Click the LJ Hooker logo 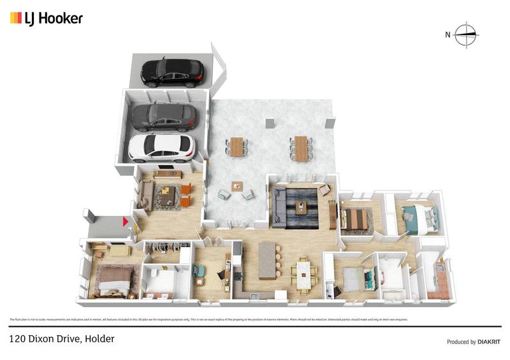click(46, 18)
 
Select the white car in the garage click(162, 147)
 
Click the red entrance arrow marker click(126, 222)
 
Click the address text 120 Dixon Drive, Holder click(62, 340)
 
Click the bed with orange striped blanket click(356, 219)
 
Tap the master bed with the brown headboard click(115, 280)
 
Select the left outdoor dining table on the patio click(237, 147)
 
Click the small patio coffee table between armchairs click(237, 187)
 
